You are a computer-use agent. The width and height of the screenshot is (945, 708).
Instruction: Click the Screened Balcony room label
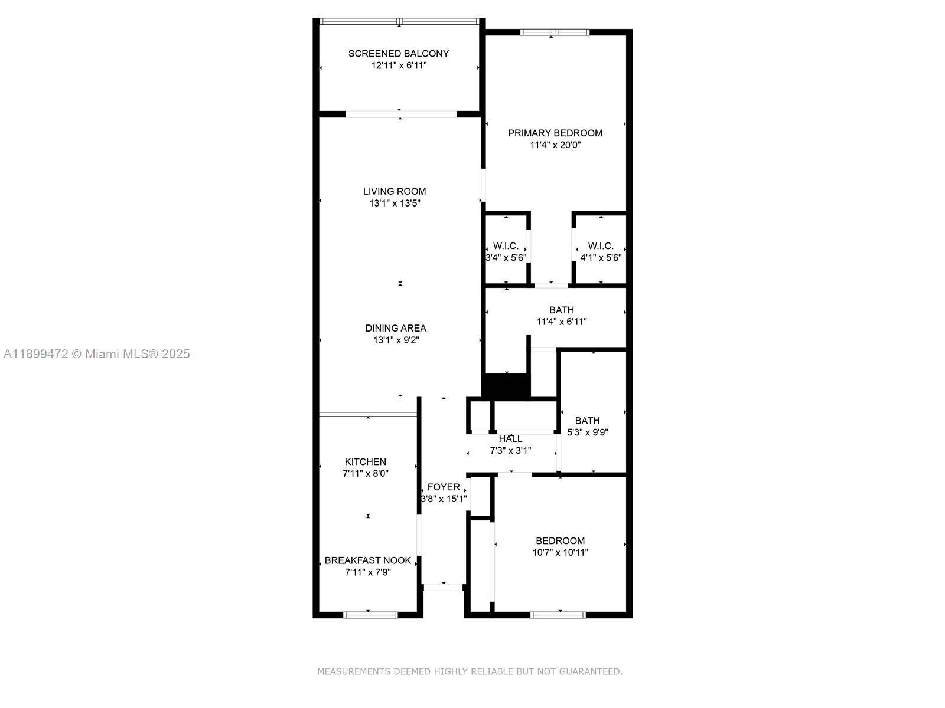[399, 53]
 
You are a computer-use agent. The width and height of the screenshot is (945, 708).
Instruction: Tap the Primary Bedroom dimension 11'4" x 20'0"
[555, 145]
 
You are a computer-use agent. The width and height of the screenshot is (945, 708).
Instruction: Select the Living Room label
[395, 191]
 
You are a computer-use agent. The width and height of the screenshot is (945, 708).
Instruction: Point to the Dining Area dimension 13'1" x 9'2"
[396, 340]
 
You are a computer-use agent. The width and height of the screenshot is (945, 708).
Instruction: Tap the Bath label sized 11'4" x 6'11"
[561, 310]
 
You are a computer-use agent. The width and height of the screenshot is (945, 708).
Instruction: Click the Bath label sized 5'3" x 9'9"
[587, 421]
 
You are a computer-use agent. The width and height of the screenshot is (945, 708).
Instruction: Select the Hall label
[510, 439]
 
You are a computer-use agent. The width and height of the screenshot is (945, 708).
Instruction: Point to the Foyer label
[444, 487]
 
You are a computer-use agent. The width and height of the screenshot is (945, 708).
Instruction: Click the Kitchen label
[366, 462]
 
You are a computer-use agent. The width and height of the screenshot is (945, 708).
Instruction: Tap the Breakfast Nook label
[368, 560]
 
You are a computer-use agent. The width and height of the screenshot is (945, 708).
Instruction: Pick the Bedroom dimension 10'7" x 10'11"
[560, 553]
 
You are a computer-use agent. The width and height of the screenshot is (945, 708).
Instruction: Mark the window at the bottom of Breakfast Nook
[370, 615]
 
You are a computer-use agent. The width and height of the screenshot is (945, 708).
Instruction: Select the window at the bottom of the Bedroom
[558, 615]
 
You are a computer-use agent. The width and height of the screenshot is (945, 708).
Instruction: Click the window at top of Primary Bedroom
[554, 32]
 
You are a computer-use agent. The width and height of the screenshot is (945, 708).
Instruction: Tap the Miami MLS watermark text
[97, 354]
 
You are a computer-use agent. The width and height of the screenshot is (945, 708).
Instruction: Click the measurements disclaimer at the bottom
[470, 671]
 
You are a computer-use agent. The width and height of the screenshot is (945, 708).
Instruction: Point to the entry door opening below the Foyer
[444, 587]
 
